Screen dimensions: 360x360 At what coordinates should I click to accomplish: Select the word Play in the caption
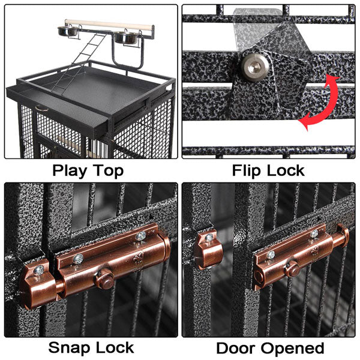71,170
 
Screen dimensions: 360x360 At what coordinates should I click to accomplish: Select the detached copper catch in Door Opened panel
208,248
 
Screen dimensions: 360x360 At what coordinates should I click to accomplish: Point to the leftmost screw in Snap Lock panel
37,271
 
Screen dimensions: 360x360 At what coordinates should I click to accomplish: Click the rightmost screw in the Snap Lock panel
140,236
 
